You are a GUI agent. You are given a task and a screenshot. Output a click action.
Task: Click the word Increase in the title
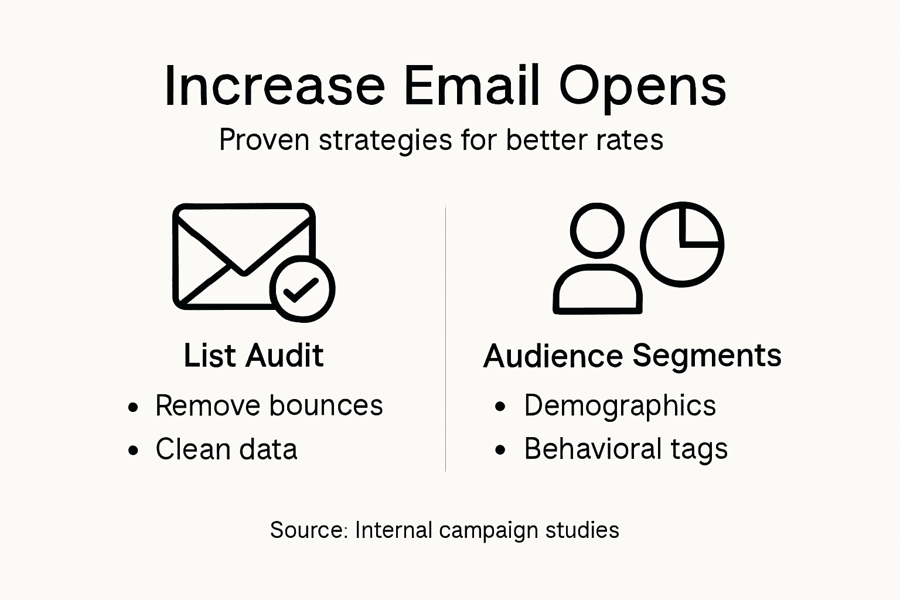tap(274, 86)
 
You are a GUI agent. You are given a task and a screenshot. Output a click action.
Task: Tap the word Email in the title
tap(471, 86)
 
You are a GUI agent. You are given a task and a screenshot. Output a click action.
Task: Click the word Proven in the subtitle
tap(264, 140)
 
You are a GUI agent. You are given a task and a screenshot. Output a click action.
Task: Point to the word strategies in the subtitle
tap(386, 141)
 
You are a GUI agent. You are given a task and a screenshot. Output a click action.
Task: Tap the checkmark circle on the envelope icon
tap(302, 289)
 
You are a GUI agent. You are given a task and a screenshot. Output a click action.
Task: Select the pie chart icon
tap(682, 244)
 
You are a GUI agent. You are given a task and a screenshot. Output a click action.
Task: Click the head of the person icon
tap(597, 230)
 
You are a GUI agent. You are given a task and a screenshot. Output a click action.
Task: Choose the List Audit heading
tap(254, 356)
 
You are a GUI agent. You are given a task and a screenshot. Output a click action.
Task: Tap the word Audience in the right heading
tap(553, 356)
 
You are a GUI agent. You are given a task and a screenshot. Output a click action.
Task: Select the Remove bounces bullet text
tap(269, 405)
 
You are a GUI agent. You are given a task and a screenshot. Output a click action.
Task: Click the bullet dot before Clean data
tap(134, 450)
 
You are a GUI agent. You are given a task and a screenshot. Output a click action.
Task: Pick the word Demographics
tap(620, 406)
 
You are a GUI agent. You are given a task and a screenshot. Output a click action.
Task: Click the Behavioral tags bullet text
tap(626, 449)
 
